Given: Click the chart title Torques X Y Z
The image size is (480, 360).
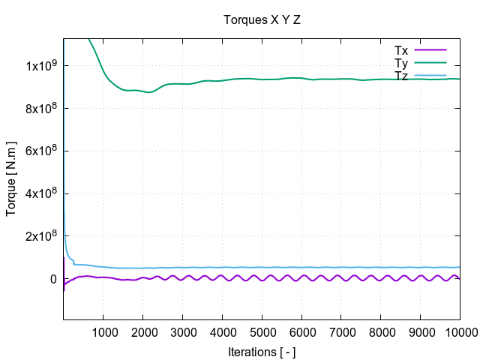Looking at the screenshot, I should pyautogui.click(x=262, y=19).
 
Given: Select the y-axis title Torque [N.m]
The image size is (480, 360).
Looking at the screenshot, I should pyautogui.click(x=11, y=178).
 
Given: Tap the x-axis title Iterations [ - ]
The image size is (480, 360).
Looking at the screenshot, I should pyautogui.click(x=262, y=351).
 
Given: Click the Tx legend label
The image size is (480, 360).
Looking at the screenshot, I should pyautogui.click(x=401, y=50).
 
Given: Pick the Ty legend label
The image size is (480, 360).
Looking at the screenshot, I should pyautogui.click(x=401, y=62).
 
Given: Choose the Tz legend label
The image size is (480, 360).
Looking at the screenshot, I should pyautogui.click(x=401, y=75).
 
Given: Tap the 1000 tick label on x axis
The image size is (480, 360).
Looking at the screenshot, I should pyautogui.click(x=103, y=331).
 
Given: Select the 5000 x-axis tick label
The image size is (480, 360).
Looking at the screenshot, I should pyautogui.click(x=262, y=331).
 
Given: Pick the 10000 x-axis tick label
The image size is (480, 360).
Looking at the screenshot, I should pyautogui.click(x=458, y=331).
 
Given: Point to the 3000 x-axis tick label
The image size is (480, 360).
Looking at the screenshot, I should pyautogui.click(x=182, y=331).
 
